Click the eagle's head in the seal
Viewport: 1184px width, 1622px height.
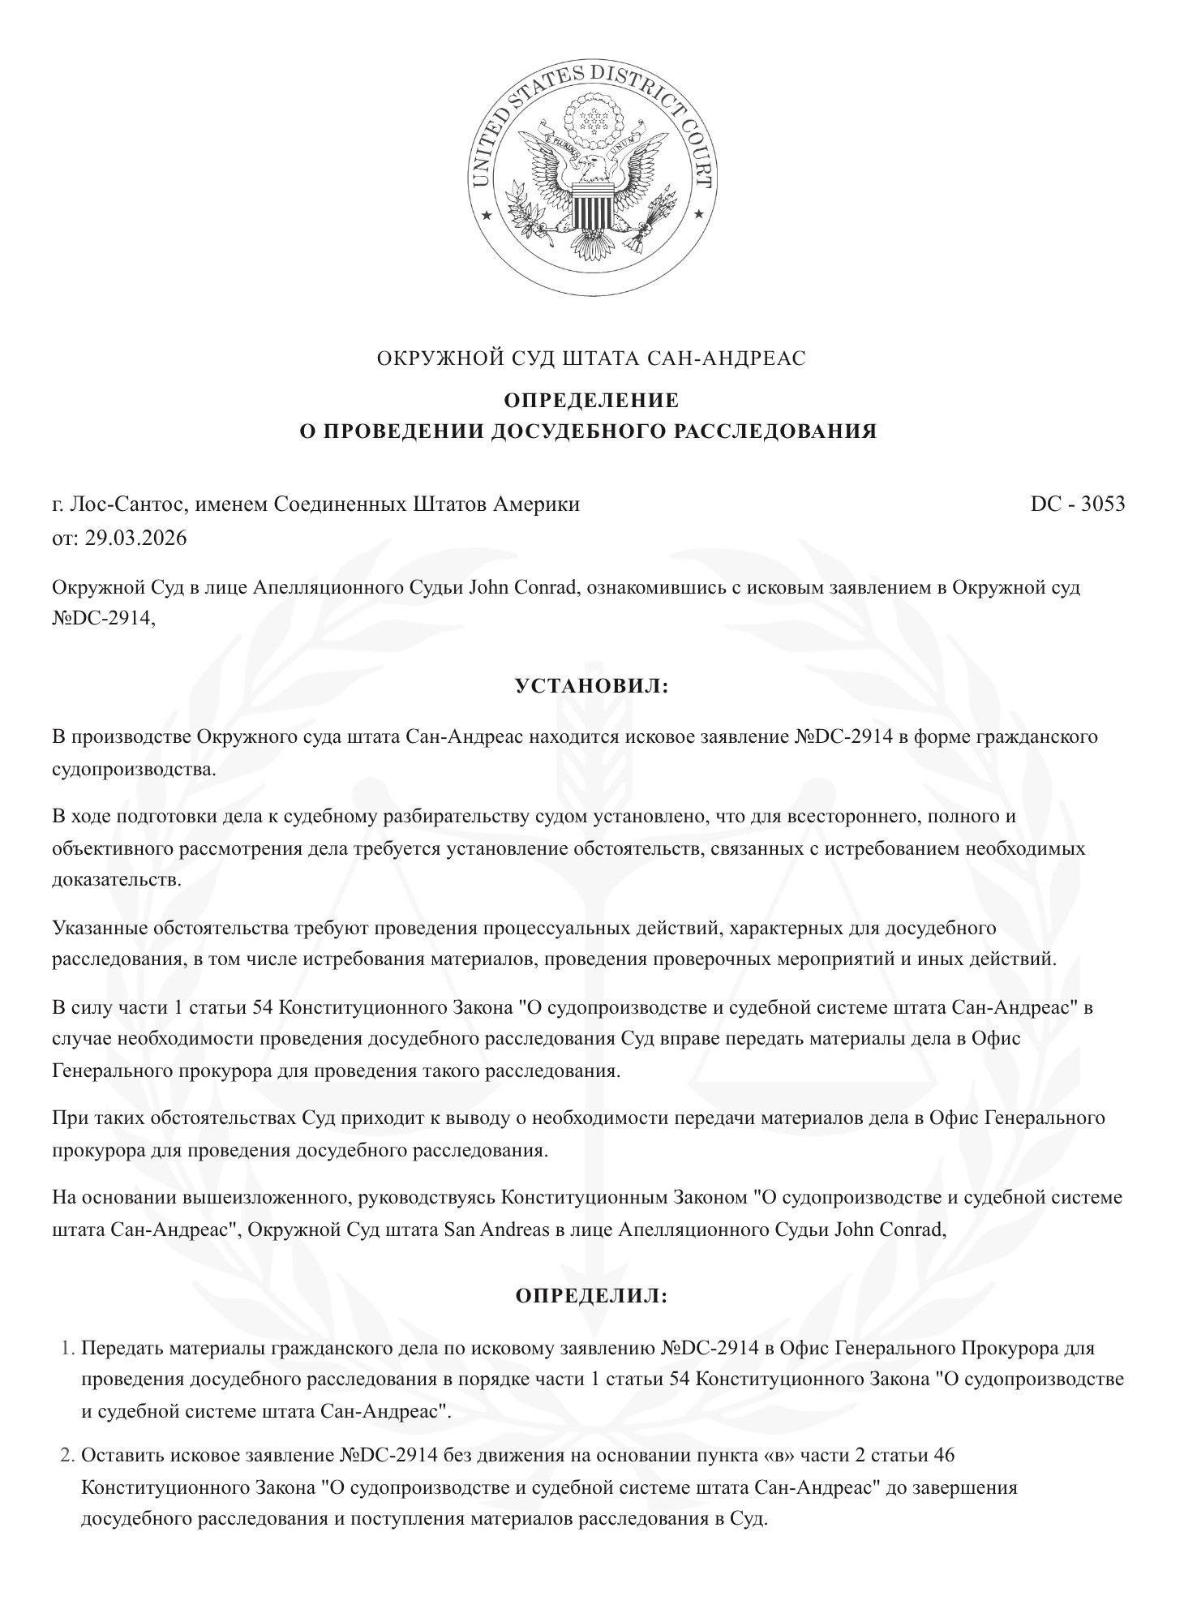(x=594, y=168)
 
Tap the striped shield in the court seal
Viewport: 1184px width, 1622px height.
(x=592, y=207)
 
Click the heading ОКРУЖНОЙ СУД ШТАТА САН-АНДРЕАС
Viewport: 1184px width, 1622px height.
(x=592, y=358)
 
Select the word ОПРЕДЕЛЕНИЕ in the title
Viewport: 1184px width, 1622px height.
(x=592, y=401)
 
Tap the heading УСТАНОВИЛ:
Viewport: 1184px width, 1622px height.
(x=592, y=686)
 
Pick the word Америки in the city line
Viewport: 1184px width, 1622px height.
(x=543, y=504)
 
